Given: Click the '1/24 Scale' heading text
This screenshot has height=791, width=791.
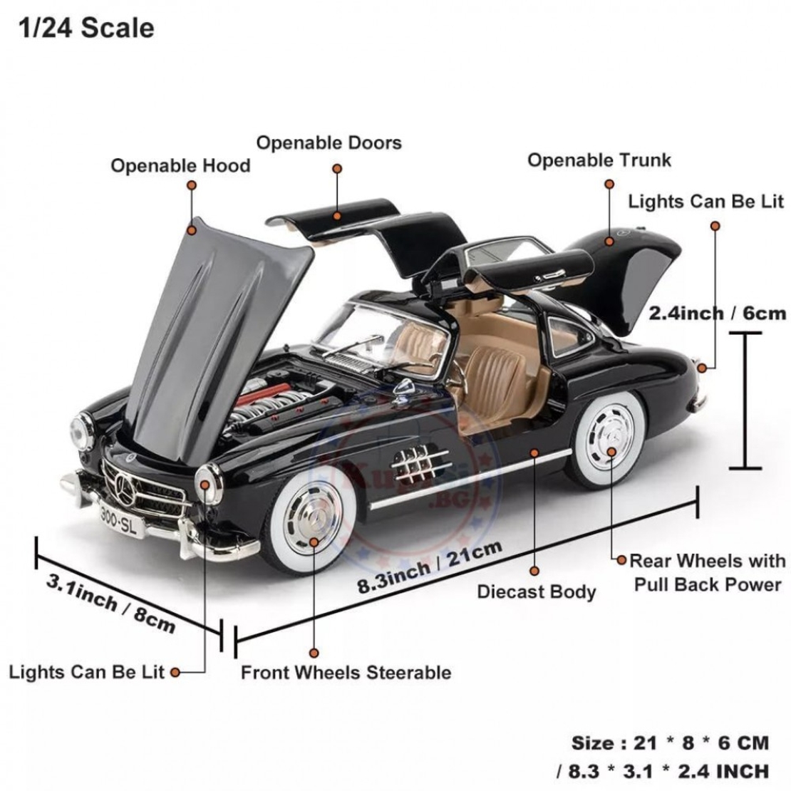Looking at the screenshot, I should click(86, 28).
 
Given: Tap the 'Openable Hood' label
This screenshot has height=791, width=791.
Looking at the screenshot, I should click(180, 166).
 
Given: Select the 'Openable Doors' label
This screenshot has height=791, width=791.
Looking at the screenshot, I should click(329, 143).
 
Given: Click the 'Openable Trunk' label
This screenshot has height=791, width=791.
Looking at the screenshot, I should click(599, 160).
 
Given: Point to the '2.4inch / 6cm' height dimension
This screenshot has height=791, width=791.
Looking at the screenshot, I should click(717, 312).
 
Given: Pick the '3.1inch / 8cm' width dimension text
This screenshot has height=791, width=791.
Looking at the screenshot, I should click(111, 603).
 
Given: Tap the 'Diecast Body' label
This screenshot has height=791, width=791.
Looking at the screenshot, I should click(536, 591).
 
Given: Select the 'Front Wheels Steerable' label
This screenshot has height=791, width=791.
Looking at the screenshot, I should click(346, 673).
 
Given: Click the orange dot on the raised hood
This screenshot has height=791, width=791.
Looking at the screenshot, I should click(191, 230).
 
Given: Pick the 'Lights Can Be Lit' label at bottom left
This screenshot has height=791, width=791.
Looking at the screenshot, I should click(86, 672).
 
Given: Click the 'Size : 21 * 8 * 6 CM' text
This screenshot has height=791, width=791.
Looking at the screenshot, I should click(670, 743).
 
